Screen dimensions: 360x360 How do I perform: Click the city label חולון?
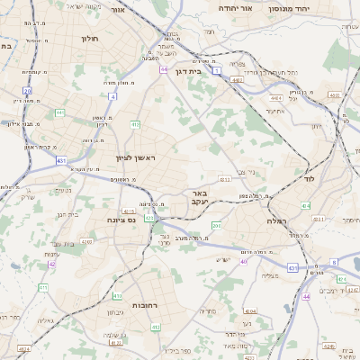pyautogui.click(x=89, y=40)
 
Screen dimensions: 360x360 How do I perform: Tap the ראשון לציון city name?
pyautogui.click(x=136, y=158)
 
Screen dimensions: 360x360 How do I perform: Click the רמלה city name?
pyautogui.click(x=275, y=220)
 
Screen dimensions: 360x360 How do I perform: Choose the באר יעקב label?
pyautogui.click(x=199, y=198)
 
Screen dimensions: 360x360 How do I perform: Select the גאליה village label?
pyautogui.click(x=46, y=320)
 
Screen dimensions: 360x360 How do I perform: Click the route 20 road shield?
pyautogui.click(x=28, y=91)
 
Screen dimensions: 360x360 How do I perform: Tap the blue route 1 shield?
pyautogui.click(x=218, y=69)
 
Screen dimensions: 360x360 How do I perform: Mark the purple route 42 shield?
pyautogui.click(x=52, y=265)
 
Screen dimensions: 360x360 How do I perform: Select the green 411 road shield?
pyautogui.click(x=43, y=287)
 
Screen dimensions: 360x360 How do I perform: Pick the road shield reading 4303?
pyautogui.click(x=88, y=241)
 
